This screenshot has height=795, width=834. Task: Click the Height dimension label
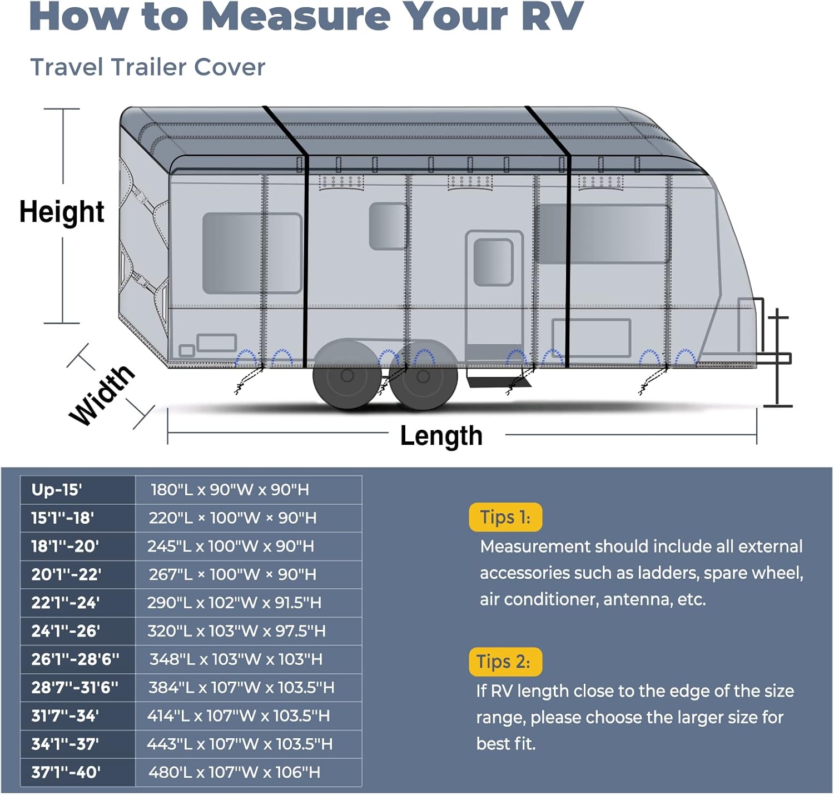62,212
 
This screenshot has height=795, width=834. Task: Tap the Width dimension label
102,395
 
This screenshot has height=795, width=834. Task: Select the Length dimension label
441,436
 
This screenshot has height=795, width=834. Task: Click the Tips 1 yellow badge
505,518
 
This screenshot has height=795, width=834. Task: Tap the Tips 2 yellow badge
504,662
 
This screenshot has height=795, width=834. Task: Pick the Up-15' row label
57,490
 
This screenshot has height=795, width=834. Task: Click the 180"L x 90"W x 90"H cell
230,490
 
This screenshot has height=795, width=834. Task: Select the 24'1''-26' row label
66,631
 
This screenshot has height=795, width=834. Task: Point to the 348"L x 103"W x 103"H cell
236,659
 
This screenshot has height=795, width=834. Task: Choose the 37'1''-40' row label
66,772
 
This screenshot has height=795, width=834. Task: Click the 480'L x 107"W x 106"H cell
234,772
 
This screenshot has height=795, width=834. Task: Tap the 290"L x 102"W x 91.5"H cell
234,603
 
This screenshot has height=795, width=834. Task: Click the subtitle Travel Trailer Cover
147,67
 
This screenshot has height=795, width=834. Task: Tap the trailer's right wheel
424,377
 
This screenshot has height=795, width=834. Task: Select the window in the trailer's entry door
493,262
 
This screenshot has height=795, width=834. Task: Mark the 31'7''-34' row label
65,715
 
